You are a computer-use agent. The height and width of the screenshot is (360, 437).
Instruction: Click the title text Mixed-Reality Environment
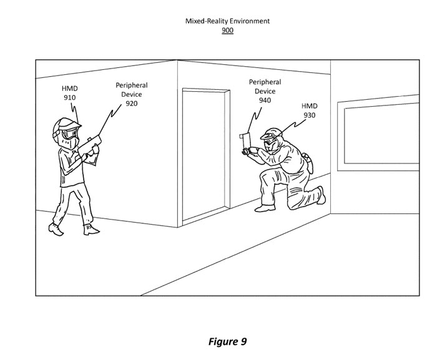point(227,21)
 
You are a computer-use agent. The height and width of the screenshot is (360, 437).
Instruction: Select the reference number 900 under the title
point(227,30)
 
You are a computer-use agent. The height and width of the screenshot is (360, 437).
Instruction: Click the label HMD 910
point(69,93)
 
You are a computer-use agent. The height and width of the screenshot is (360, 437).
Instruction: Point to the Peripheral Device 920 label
point(131,94)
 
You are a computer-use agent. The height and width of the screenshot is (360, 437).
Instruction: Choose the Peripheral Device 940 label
point(265,91)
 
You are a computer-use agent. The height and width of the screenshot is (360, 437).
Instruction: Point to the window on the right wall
point(378,134)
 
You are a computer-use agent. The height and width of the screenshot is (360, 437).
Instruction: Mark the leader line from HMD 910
point(74,112)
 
